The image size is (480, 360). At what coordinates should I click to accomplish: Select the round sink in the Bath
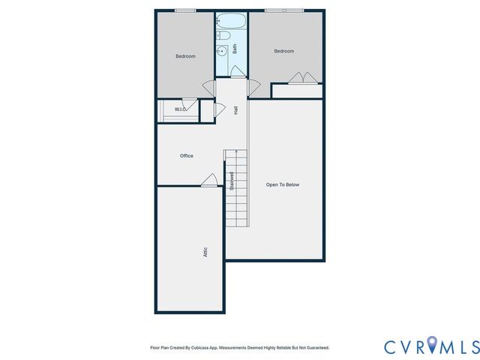click(x=221, y=51)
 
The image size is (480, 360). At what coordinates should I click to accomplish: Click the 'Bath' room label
click(x=235, y=49)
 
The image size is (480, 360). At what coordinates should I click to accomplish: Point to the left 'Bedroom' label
click(x=185, y=56)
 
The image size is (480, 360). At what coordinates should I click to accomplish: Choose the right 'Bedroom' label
click(x=283, y=51)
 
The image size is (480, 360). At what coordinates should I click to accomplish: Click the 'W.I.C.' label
click(x=180, y=109)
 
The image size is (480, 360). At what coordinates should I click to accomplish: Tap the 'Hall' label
click(x=235, y=109)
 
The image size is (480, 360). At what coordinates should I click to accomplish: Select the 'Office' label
click(x=186, y=156)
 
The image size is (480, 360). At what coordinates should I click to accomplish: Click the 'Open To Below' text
click(x=283, y=184)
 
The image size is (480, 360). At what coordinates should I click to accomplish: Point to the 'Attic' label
click(x=205, y=253)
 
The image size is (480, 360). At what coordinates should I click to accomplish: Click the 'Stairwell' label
click(x=232, y=182)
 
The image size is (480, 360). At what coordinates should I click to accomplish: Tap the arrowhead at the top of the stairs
click(x=237, y=151)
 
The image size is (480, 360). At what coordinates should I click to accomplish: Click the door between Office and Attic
click(x=209, y=180)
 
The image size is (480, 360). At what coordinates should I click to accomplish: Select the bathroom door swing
click(x=236, y=71)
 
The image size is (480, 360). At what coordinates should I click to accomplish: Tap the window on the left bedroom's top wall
click(x=184, y=10)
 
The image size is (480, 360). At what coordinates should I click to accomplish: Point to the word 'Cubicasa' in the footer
click(x=197, y=348)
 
